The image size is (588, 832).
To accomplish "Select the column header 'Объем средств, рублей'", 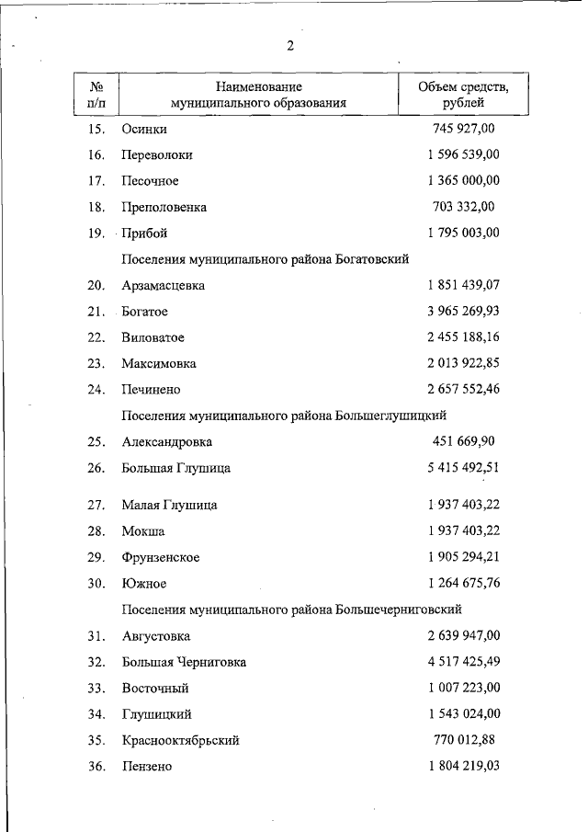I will (463, 95).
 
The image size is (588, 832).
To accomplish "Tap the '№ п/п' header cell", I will (96, 95).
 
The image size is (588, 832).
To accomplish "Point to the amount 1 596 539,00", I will (463, 154).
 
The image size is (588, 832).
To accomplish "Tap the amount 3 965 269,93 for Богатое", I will (463, 312).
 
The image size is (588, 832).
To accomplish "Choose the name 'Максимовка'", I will (159, 364).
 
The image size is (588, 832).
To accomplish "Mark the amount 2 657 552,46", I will (463, 390).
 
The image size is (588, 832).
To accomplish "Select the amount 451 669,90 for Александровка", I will (463, 441).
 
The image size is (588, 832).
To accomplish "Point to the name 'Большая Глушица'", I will (175, 468).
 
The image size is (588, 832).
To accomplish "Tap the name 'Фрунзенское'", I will (161, 557).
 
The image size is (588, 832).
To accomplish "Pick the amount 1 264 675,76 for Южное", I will (463, 583).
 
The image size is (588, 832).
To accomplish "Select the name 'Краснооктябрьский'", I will (180, 740).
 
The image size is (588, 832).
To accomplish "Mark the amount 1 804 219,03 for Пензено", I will (463, 766).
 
